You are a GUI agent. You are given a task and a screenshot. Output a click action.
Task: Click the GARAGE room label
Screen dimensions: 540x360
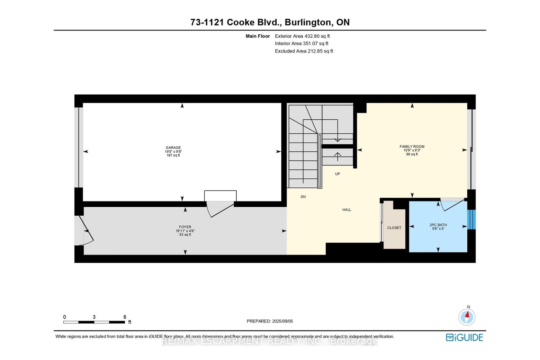click(x=173, y=148)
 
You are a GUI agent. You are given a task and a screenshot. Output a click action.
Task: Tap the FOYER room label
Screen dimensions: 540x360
click(x=185, y=227)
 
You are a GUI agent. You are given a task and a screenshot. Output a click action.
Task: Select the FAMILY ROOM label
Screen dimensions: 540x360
click(x=412, y=146)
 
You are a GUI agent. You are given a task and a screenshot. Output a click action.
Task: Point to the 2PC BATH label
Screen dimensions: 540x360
click(x=438, y=225)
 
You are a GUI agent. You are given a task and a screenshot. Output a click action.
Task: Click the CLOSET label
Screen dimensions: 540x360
click(x=394, y=228)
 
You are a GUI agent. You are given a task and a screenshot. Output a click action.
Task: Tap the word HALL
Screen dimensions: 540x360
click(x=346, y=210)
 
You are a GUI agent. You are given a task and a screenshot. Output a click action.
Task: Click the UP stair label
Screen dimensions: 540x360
click(x=337, y=174)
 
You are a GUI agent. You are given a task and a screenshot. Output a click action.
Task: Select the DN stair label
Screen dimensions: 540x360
click(x=303, y=197)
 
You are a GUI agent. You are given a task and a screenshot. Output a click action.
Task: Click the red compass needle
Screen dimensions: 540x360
click(x=467, y=314)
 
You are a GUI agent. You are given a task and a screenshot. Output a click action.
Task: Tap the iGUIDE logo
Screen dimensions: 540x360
click(x=464, y=337)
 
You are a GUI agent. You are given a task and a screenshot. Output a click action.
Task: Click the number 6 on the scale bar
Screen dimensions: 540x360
click(x=125, y=317)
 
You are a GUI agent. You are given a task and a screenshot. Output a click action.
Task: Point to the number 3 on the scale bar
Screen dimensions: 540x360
click(x=94, y=317)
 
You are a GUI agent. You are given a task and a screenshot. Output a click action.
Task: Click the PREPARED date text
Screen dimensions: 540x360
click(x=270, y=321)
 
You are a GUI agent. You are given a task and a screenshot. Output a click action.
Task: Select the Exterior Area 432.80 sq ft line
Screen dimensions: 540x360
click(x=302, y=36)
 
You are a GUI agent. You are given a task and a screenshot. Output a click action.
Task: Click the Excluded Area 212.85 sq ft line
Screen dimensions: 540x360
click(x=304, y=51)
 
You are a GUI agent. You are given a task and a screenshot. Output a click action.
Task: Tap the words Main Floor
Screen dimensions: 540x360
click(x=258, y=36)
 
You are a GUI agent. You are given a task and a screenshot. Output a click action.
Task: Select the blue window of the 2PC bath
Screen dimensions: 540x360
click(x=471, y=220)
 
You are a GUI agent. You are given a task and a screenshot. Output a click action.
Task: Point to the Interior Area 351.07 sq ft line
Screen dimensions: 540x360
click(x=301, y=44)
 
